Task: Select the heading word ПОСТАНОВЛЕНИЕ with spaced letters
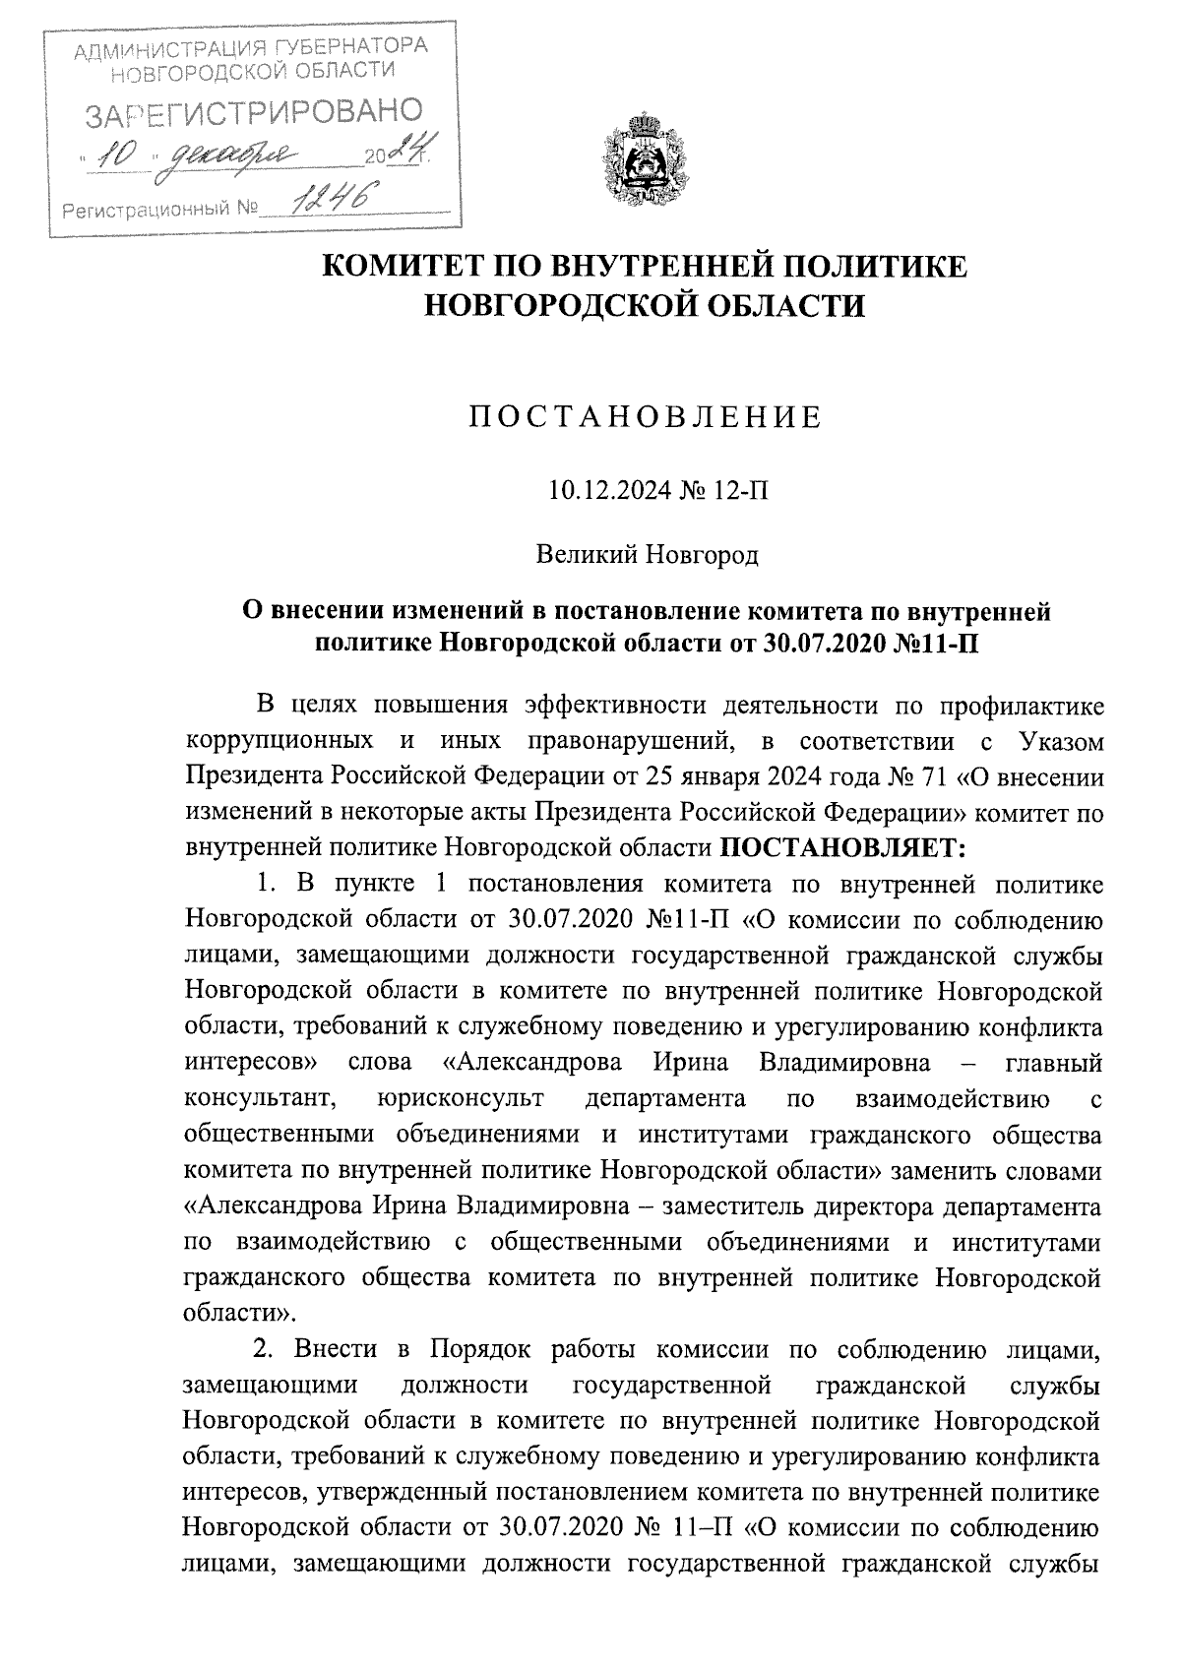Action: [x=645, y=418]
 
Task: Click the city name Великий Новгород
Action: [x=647, y=556]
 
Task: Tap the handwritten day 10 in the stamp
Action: [x=116, y=154]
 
